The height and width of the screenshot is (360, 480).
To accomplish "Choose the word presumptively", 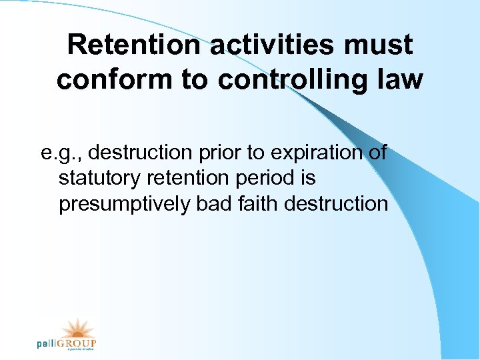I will tap(124, 203).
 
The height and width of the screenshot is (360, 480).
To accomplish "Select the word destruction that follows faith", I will tap(336, 203).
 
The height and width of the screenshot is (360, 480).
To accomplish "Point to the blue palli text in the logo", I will tap(48, 344).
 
